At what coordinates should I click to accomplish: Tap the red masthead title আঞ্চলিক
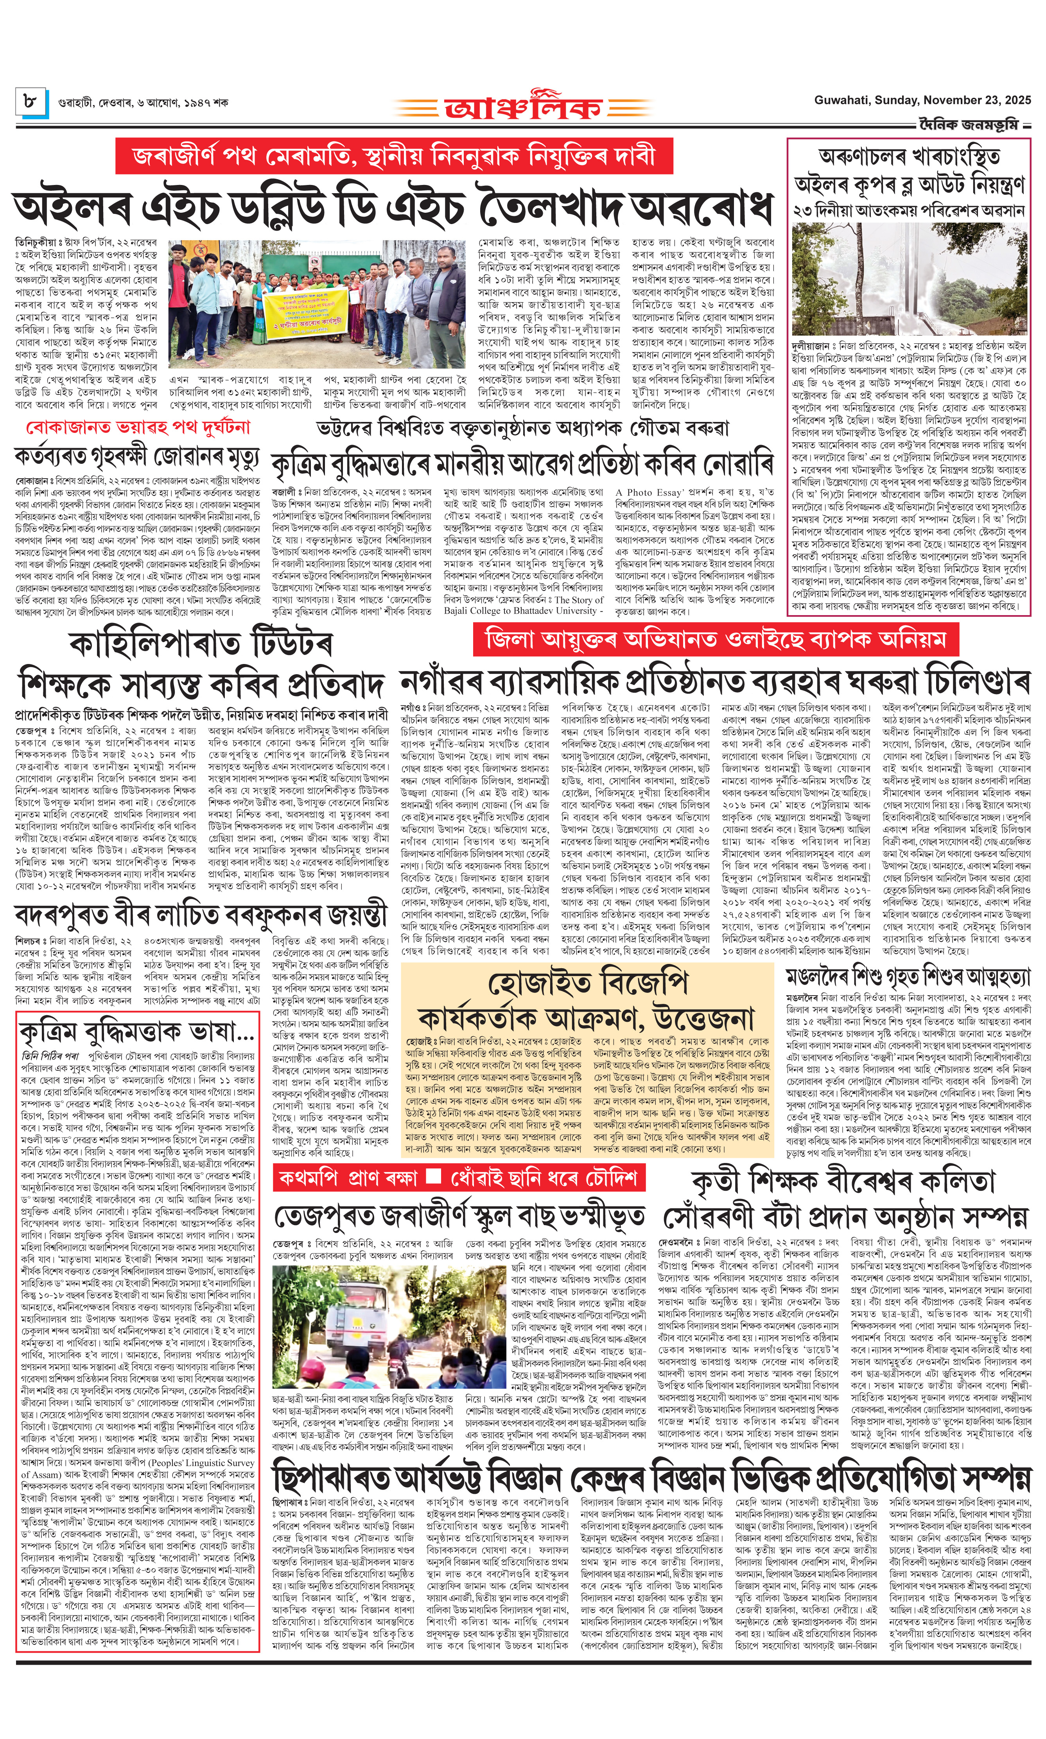(523, 107)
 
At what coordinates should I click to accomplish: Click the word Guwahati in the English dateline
(841, 100)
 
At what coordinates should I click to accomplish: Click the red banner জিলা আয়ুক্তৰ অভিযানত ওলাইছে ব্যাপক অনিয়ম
(716, 640)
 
